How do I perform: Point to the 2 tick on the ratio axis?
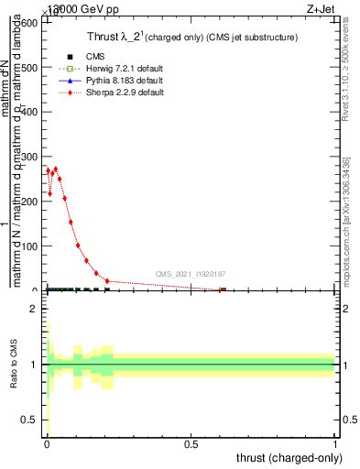tap(34, 309)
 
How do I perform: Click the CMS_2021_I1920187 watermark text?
tap(191, 274)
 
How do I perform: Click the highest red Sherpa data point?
tap(56, 169)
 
